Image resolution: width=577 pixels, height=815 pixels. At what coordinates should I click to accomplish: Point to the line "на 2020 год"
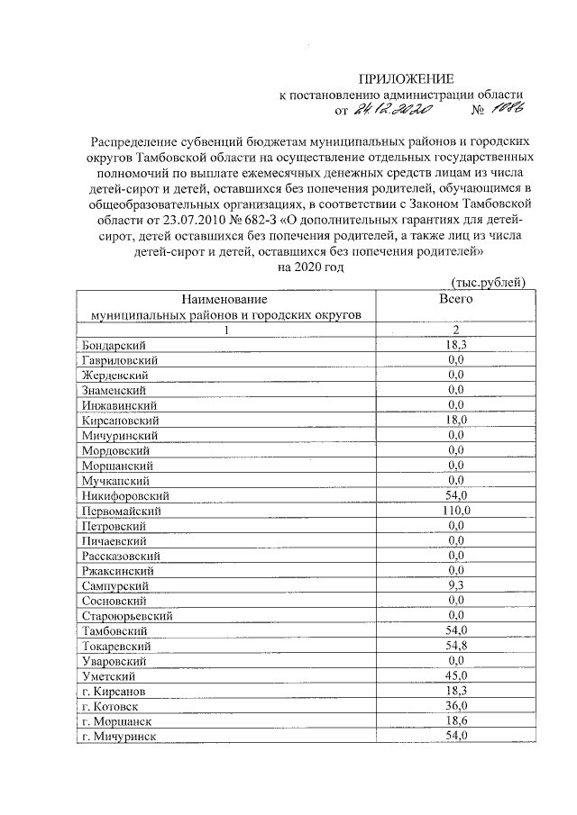(x=311, y=267)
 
